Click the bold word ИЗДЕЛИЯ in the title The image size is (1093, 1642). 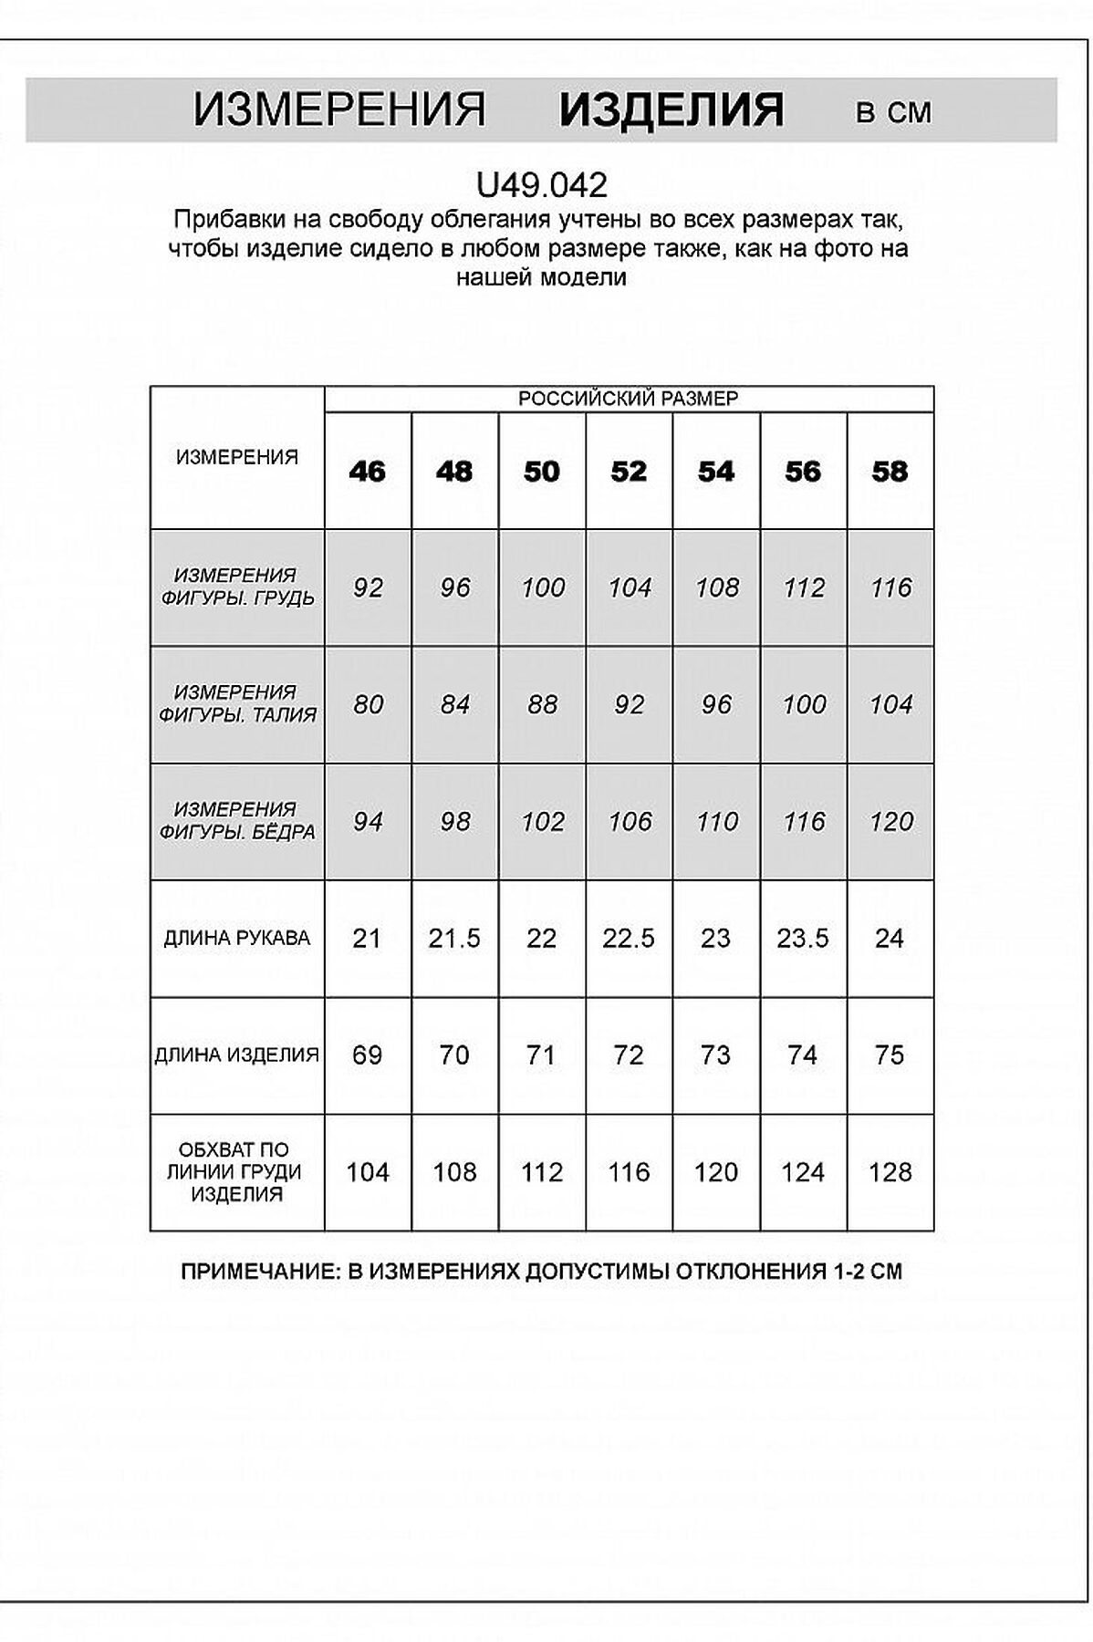tap(671, 110)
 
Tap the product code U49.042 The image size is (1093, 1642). tap(542, 185)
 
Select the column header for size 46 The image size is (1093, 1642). tap(368, 472)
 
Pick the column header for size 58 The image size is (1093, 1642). tap(890, 472)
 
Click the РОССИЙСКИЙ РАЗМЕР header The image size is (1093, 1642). tap(628, 399)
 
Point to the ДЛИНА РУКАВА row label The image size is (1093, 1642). tap(237, 938)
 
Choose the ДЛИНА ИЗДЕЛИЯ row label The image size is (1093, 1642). tap(237, 1055)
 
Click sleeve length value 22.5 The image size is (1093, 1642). tap(629, 938)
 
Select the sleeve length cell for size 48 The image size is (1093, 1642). tap(454, 938)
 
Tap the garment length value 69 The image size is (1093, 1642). tap(368, 1055)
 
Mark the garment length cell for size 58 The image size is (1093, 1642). tap(890, 1055)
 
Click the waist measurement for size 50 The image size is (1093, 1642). tap(542, 705)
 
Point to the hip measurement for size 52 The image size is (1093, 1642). tap(630, 822)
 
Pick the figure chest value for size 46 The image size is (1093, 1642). tap(368, 588)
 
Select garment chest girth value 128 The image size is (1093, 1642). tap(890, 1172)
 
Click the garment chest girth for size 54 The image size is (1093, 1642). tap(716, 1172)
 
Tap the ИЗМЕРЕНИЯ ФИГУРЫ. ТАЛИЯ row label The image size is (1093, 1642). tap(237, 704)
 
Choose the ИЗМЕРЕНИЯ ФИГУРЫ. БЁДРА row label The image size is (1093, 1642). tap(237, 821)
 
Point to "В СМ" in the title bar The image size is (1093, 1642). tap(894, 112)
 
